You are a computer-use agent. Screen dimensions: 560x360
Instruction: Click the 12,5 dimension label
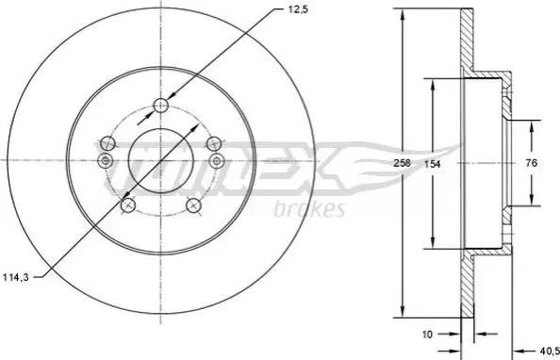pyautogui.click(x=298, y=9)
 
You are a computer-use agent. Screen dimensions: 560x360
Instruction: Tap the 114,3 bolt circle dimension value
pyautogui.click(x=15, y=277)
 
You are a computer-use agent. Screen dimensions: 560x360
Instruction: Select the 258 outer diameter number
pyautogui.click(x=402, y=163)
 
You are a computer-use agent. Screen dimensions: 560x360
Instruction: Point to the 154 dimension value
pyautogui.click(x=432, y=164)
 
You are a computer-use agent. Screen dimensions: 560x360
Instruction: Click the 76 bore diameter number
pyautogui.click(x=532, y=163)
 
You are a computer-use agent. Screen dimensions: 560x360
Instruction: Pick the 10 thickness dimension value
pyautogui.click(x=427, y=335)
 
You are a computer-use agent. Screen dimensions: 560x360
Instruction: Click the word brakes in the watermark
pyautogui.click(x=309, y=209)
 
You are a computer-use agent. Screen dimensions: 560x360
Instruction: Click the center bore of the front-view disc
pyautogui.click(x=160, y=160)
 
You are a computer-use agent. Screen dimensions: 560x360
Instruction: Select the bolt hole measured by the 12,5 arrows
pyautogui.click(x=160, y=105)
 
